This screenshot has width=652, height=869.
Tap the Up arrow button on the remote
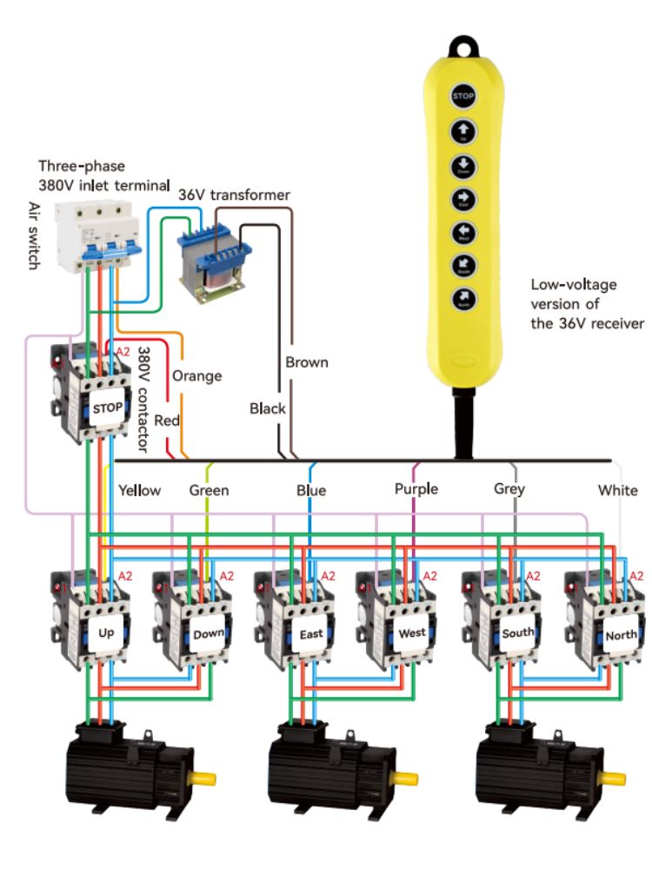pyautogui.click(x=463, y=132)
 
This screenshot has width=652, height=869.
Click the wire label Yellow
pyautogui.click(x=139, y=490)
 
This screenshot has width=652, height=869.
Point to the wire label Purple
pyautogui.click(x=416, y=489)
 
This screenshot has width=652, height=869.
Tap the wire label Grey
pyautogui.click(x=509, y=490)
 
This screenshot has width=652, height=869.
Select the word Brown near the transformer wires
pyautogui.click(x=307, y=362)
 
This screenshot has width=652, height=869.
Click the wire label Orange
pyautogui.click(x=196, y=376)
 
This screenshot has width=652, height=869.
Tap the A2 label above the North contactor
pyautogui.click(x=636, y=574)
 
